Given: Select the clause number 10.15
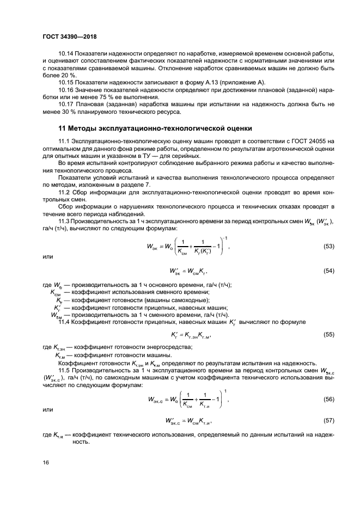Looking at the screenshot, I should (66, 81).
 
